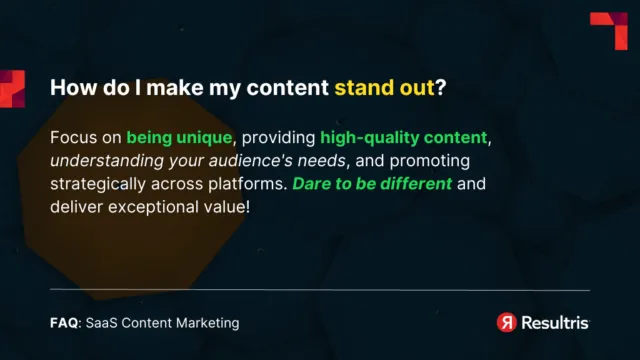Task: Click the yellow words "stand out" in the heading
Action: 384,87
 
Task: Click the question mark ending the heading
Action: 441,87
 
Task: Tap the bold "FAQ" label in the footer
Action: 64,323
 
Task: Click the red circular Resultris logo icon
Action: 507,322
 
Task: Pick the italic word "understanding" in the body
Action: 99,160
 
